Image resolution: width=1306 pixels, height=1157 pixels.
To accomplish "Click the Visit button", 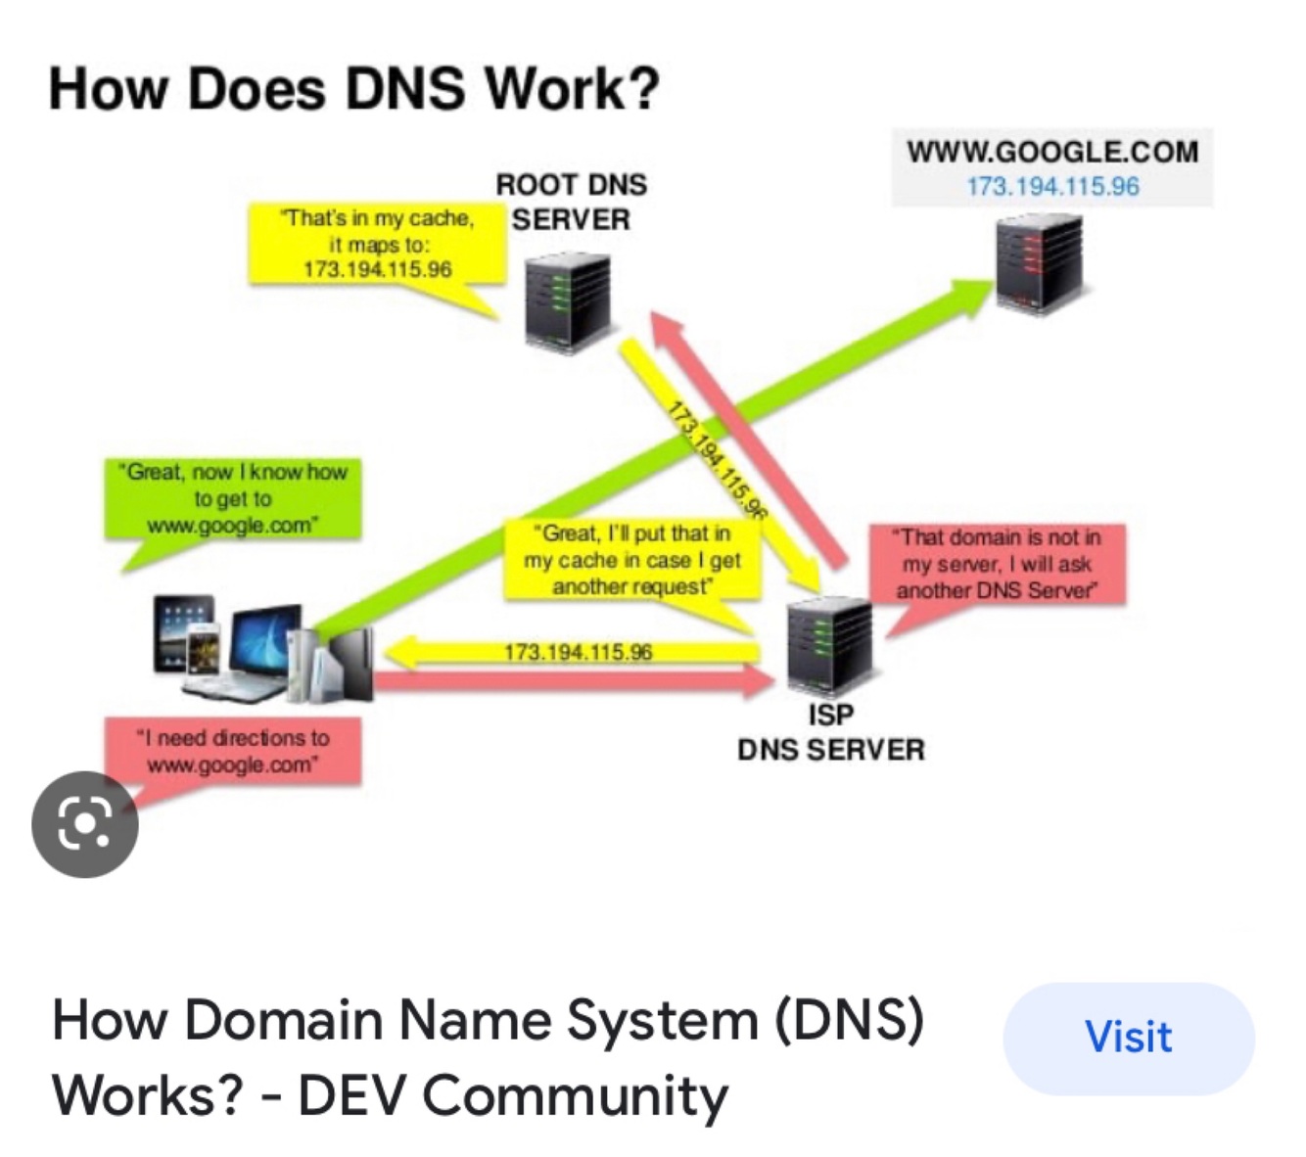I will (x=1128, y=1038).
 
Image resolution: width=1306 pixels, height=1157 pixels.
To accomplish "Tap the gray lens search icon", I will (x=85, y=824).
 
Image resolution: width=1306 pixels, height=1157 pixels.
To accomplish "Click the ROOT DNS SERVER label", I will (x=571, y=202).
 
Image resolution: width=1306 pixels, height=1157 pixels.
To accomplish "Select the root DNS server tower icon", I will (x=567, y=301).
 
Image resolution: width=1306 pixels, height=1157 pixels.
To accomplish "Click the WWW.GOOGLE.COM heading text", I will (x=1052, y=152).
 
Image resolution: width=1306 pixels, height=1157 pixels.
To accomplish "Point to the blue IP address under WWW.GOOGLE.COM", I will (x=1052, y=186).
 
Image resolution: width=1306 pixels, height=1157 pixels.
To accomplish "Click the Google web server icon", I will (x=1040, y=262).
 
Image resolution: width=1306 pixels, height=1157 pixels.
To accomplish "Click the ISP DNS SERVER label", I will (x=830, y=732).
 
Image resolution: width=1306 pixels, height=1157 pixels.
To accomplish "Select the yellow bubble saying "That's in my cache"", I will (x=378, y=244).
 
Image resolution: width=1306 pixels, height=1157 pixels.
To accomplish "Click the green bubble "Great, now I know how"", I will (x=233, y=498).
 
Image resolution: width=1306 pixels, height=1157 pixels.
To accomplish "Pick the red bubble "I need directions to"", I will (x=233, y=751).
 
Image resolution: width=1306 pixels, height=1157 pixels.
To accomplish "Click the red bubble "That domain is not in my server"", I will (x=998, y=563).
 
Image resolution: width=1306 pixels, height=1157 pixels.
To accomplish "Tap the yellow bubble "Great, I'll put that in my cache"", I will (x=632, y=560).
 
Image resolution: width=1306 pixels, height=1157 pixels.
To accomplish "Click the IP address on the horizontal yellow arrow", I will (x=578, y=652).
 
